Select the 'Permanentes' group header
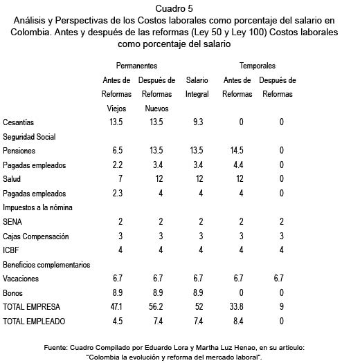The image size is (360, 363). coord(136,66)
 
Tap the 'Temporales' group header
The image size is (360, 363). coord(257,66)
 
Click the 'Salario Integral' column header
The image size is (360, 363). coord(197,87)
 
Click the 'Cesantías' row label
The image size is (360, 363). coord(19,122)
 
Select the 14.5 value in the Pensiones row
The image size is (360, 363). coord(237,151)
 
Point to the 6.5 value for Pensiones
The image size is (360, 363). coord(116,151)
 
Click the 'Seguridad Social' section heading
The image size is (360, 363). coord(29,137)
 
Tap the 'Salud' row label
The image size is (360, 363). coord(12,179)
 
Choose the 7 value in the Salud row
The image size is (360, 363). coord(116,179)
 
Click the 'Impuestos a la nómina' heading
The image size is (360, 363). coord(38,207)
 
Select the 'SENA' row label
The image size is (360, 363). coord(13,222)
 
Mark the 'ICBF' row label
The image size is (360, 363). coord(12,250)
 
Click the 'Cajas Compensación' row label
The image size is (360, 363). coord(36,236)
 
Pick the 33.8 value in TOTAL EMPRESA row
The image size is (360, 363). coord(237,307)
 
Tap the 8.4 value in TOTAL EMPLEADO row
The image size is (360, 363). coord(237,322)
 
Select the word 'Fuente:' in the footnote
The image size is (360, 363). coord(62,347)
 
